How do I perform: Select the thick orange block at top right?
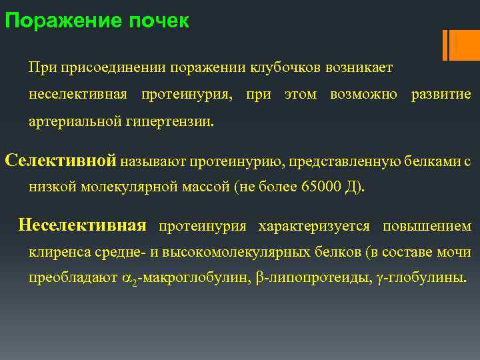[x=464, y=45]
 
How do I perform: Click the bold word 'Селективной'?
[x=61, y=160]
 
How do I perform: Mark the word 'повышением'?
[x=427, y=226]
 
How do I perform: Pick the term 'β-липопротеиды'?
[x=307, y=279]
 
